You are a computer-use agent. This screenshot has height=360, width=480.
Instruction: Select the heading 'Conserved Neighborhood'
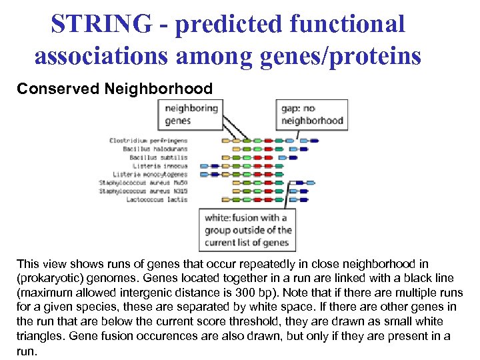pos(115,89)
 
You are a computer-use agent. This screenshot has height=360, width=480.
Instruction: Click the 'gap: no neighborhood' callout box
pos(312,114)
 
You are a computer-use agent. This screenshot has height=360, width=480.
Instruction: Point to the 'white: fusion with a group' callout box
pos(246,230)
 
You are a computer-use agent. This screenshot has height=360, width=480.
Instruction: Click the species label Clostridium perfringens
pos(148,141)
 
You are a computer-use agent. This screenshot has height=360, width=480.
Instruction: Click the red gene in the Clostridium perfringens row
pos(257,141)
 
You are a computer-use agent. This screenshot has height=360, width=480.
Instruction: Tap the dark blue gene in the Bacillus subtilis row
pos(293,157)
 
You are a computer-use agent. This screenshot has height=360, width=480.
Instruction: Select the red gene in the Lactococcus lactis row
pos(257,199)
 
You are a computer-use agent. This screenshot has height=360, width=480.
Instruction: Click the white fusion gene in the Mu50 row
pos(294,182)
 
